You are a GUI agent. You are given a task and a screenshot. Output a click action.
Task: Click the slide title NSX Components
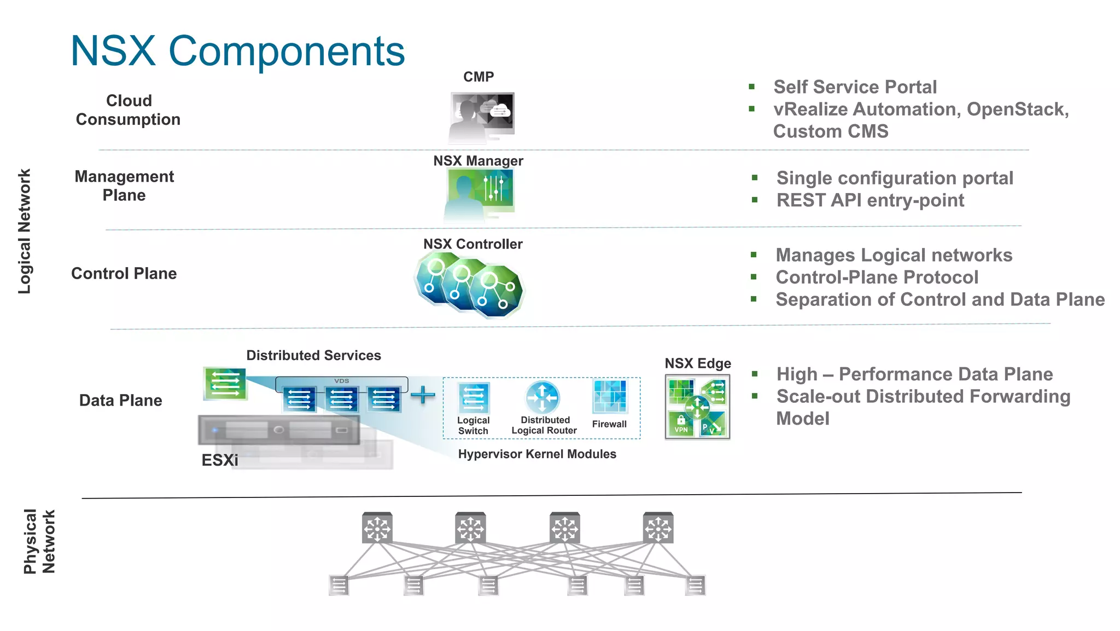pyautogui.click(x=237, y=51)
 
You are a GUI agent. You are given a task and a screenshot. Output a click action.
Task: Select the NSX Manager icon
pyautogui.click(x=480, y=193)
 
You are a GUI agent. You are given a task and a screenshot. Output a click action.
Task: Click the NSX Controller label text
pyautogui.click(x=472, y=244)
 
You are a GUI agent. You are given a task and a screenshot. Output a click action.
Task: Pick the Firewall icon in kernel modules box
pyautogui.click(x=609, y=396)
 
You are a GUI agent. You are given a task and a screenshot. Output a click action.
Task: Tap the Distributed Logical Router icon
pyautogui.click(x=542, y=397)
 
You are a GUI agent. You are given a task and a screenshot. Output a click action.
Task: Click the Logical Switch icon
pyautogui.click(x=473, y=398)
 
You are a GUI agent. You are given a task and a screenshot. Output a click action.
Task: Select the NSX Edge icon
pyautogui.click(x=697, y=407)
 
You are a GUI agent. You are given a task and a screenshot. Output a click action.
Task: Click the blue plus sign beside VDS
pyautogui.click(x=422, y=395)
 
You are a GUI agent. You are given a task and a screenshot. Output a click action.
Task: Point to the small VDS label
pyautogui.click(x=341, y=381)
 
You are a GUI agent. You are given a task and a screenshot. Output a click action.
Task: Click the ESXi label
pyautogui.click(x=220, y=460)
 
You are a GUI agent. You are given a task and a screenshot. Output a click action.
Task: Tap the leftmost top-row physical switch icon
pyautogui.click(x=377, y=528)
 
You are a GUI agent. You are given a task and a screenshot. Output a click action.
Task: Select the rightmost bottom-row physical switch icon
pyautogui.click(x=695, y=585)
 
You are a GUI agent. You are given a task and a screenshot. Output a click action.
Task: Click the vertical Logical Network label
pyautogui.click(x=25, y=231)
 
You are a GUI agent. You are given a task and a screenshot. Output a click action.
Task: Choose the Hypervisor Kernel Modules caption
pyautogui.click(x=537, y=454)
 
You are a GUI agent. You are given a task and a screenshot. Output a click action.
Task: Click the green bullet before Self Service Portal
pyautogui.click(x=752, y=86)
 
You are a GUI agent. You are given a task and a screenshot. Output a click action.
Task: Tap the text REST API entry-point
pyautogui.click(x=870, y=200)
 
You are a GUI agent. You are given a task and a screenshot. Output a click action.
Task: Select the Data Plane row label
pyautogui.click(x=120, y=401)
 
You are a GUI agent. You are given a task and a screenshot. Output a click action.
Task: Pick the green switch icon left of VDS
pyautogui.click(x=225, y=383)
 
